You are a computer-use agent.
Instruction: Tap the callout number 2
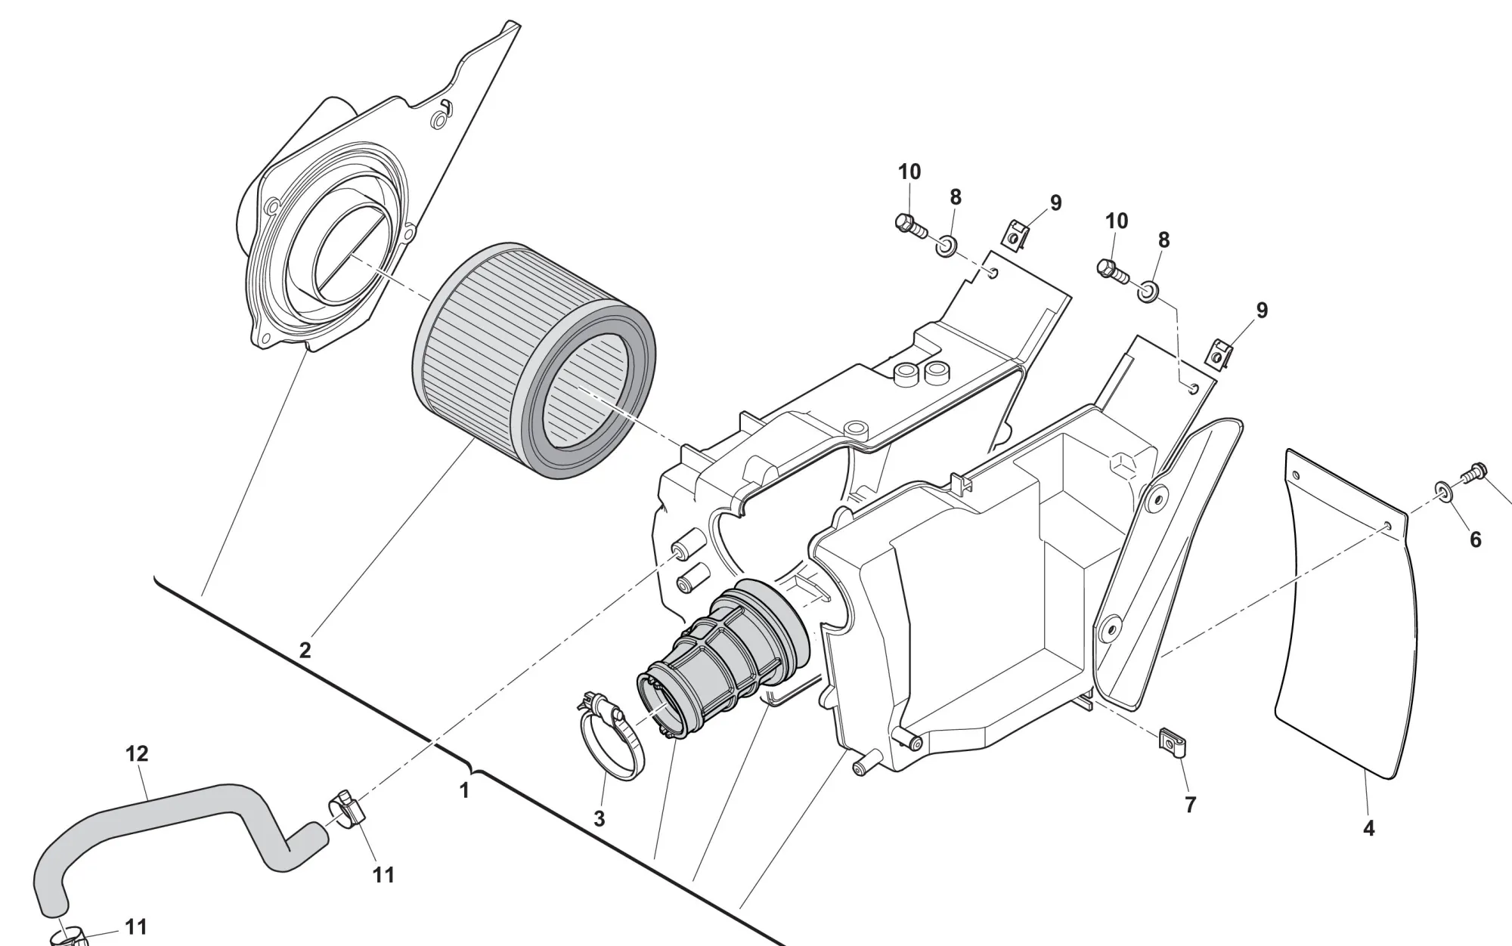305,650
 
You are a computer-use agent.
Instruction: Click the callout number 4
1368,828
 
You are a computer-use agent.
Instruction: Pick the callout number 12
137,753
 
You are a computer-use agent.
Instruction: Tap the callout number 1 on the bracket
464,790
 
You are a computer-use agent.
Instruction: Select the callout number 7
1190,805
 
